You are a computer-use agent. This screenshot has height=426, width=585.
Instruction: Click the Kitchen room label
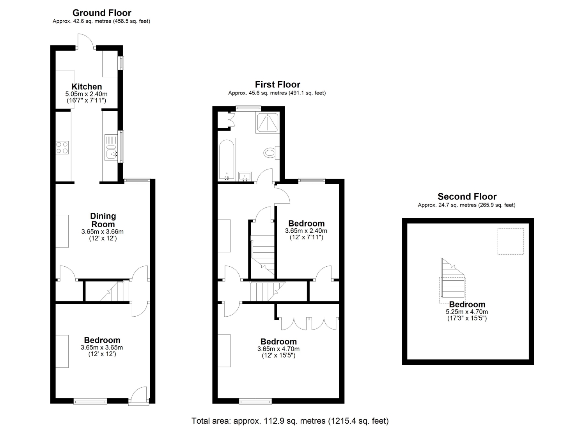(87, 87)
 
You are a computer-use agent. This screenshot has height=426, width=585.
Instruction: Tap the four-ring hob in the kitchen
(62, 148)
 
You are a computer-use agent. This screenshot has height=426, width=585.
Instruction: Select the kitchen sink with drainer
(111, 147)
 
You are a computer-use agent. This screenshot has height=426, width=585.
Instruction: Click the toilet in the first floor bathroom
(271, 153)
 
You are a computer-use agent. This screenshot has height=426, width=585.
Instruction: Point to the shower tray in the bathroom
(268, 122)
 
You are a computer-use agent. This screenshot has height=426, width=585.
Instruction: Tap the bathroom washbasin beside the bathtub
(245, 176)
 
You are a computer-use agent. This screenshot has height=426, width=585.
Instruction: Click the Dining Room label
(103, 220)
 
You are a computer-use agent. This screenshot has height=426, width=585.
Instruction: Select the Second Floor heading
(467, 196)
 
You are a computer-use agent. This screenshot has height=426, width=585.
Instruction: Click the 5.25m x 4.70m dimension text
(467, 312)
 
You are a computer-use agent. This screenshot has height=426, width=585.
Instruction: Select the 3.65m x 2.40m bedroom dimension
(306, 231)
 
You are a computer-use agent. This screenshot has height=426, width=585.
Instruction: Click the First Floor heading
(278, 84)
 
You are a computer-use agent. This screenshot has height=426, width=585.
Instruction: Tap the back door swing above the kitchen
(86, 41)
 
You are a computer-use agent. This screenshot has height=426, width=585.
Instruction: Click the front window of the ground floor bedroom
(90, 401)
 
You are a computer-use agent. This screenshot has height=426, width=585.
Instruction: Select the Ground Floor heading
(102, 13)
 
